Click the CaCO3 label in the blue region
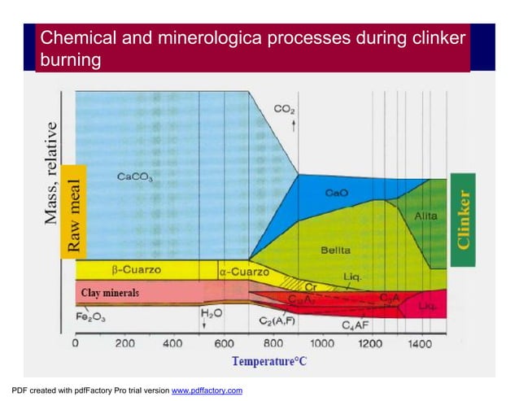point(134,176)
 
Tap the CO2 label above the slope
point(284,108)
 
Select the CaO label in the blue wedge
point(336,194)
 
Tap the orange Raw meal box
point(72,212)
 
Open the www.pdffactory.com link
point(207,391)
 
